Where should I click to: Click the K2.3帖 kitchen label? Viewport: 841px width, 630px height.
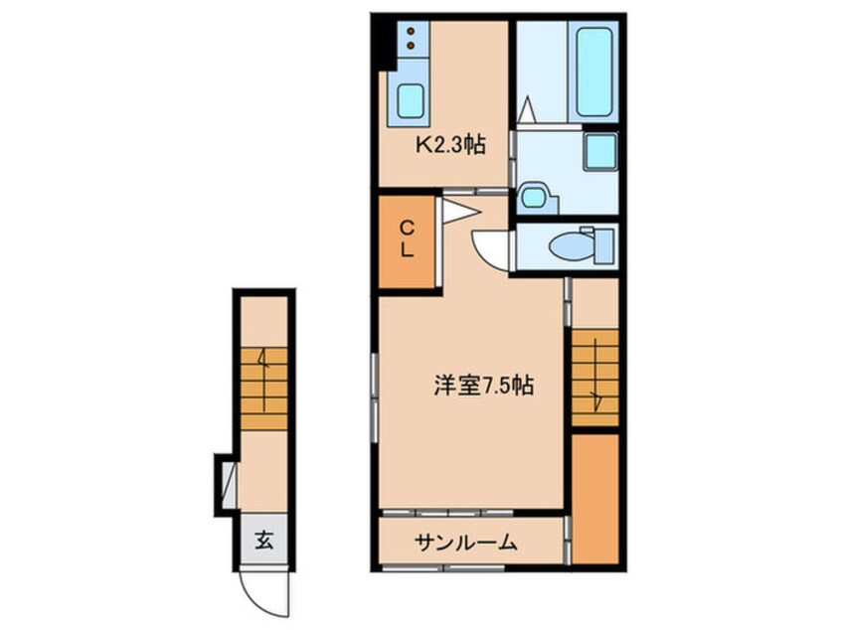click(x=449, y=146)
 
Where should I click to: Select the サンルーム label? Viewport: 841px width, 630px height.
click(x=465, y=543)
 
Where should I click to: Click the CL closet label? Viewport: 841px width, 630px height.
click(x=408, y=240)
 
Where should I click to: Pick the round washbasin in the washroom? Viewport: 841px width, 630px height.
click(x=534, y=196)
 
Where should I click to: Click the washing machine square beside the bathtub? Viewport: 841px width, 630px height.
click(x=600, y=152)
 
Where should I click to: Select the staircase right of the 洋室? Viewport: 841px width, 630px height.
click(x=594, y=381)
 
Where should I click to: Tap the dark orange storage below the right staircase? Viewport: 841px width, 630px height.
click(x=595, y=496)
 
